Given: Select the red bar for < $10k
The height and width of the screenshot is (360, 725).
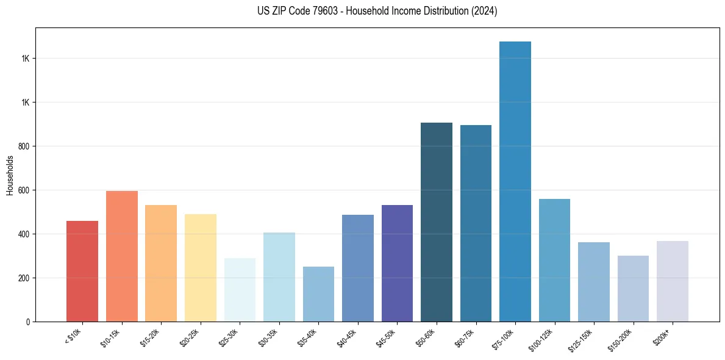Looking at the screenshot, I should pos(82,271).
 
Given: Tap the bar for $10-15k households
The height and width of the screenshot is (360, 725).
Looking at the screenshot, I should pos(121,256).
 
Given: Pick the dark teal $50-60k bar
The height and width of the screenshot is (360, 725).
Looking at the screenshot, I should pos(437,222).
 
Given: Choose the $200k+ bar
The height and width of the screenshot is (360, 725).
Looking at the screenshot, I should pos(672,281).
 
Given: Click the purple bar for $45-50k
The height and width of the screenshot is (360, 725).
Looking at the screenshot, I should pos(397,263).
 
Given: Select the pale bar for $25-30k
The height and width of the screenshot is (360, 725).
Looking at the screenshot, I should pos(240,290).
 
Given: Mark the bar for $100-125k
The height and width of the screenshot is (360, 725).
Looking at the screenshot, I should pos(554,260).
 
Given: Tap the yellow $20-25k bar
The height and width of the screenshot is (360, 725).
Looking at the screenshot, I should pos(200,268).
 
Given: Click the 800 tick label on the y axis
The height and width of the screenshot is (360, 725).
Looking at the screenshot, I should pos(24,146).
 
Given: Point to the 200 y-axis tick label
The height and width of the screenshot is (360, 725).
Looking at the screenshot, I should pos(24,278).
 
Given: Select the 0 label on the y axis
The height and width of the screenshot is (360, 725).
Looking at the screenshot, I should pos(28,322).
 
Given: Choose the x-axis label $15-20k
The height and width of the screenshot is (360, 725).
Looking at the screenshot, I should pos(151,337).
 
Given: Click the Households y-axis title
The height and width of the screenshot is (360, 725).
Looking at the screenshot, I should pos(10,175).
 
